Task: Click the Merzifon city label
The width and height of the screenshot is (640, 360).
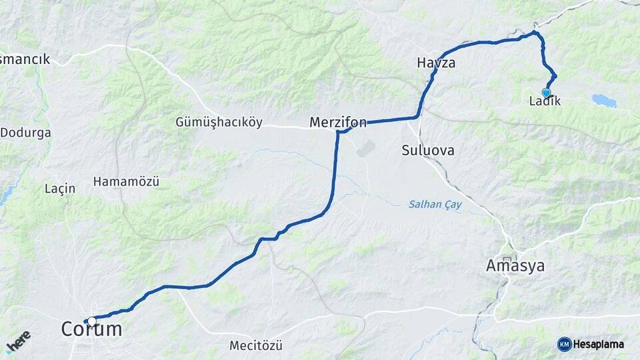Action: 338,122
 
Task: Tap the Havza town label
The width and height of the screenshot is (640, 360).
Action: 436,63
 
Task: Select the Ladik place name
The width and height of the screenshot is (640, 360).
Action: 545,102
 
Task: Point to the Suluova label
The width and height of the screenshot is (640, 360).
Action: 428,151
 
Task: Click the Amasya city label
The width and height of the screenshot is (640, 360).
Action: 515,267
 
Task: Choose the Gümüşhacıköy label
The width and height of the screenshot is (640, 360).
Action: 219,122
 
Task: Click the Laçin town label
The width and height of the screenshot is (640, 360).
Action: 60,189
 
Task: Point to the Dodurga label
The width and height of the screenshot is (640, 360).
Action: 25,133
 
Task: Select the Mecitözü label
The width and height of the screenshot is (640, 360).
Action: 256,345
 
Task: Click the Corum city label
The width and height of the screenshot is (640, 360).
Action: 92,329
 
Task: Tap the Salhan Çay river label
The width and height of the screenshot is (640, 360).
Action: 434,205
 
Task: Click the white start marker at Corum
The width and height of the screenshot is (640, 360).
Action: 91,321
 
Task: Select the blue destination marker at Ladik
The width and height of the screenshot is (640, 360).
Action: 547,93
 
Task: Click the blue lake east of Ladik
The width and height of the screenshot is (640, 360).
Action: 604,100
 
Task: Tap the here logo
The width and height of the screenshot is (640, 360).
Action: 18,341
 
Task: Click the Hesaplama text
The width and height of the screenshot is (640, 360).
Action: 598,344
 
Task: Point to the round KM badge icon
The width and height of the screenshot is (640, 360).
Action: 564,344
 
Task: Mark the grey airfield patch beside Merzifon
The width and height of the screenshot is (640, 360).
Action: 365,147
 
